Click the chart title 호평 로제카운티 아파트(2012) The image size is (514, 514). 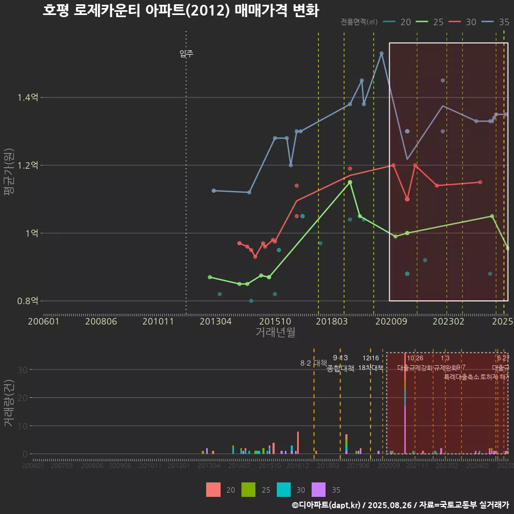[x=180, y=11]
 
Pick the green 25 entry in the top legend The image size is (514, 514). [x=432, y=22]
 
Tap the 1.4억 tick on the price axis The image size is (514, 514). [x=28, y=97]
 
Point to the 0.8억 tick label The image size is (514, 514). [x=28, y=301]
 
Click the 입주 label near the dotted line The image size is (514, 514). [x=186, y=53]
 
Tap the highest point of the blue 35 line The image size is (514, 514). [x=381, y=54]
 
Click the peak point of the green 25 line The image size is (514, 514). [x=350, y=182]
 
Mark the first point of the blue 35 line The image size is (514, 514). [x=214, y=191]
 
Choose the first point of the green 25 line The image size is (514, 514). [x=210, y=277]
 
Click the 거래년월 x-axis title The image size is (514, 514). [x=275, y=332]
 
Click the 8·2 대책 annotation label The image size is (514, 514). [x=313, y=363]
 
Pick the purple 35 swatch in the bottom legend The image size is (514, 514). [x=319, y=489]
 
